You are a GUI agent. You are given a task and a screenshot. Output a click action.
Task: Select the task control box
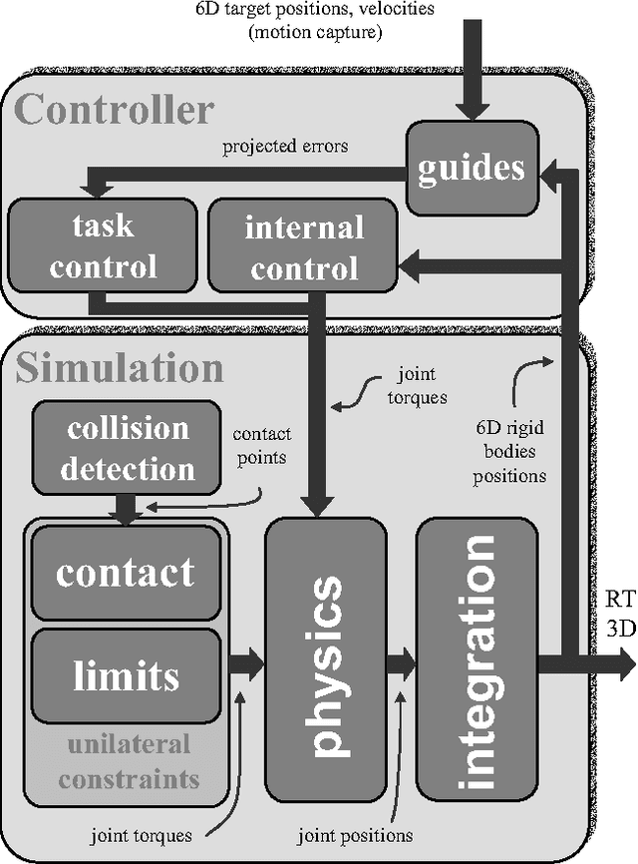click(103, 245)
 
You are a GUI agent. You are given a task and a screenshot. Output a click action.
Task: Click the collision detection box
click(127, 448)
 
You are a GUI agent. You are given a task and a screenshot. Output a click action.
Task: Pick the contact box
click(126, 572)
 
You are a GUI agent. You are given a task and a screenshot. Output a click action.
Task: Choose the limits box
click(126, 675)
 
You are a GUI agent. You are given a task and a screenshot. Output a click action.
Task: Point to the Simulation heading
click(120, 368)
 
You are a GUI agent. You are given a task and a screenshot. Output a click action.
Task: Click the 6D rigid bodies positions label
click(510, 450)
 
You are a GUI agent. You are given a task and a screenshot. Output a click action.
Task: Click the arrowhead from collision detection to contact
click(127, 516)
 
